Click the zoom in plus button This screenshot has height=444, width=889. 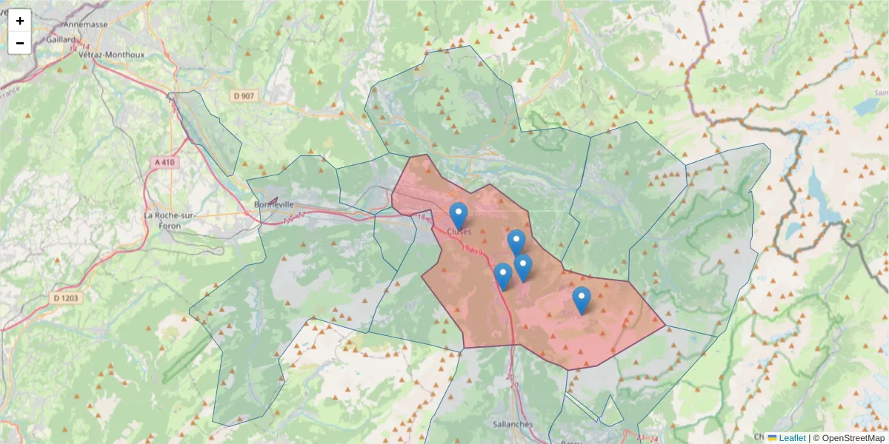tap(20, 21)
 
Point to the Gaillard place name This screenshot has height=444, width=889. tap(61, 39)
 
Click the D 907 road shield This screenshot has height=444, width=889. tap(244, 95)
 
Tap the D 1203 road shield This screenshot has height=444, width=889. tap(66, 298)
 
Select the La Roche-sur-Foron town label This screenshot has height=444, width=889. tap(170, 220)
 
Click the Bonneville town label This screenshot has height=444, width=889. tap(273, 204)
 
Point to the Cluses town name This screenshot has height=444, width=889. tap(459, 232)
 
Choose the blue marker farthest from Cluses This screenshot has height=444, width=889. tap(582, 299)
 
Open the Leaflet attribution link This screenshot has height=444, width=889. tap(792, 438)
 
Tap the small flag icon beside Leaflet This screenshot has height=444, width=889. tap(772, 438)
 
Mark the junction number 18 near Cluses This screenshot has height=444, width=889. tap(422, 217)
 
